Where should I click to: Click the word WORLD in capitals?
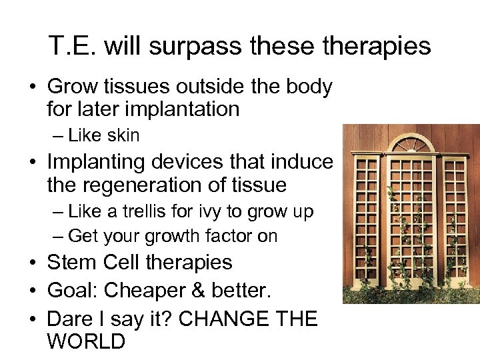[x=86, y=341]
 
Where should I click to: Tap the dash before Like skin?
[x=57, y=136]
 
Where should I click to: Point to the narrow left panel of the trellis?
[x=365, y=227]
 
